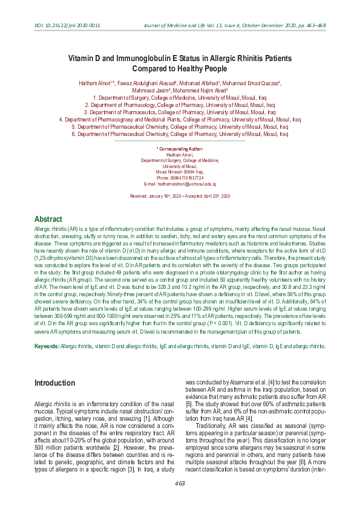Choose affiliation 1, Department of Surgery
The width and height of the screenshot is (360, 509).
pyautogui.click(x=179, y=97)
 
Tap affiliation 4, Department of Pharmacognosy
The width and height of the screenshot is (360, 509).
pyautogui.click(x=179, y=120)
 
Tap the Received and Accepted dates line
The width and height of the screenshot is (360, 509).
pyautogui.click(x=180, y=197)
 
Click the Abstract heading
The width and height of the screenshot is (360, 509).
pyautogui.click(x=48, y=219)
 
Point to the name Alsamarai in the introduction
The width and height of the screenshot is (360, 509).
pyautogui.click(x=233, y=383)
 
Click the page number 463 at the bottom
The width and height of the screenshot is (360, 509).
pyautogui.click(x=180, y=483)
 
